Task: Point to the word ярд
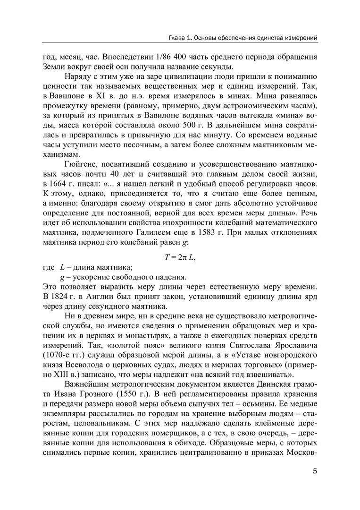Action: click(308, 297)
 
